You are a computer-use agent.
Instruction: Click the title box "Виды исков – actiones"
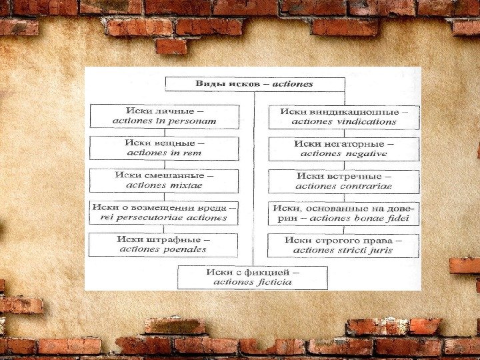[254, 85]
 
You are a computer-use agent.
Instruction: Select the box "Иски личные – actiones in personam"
[164, 116]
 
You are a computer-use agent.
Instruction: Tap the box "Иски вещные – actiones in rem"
[164, 148]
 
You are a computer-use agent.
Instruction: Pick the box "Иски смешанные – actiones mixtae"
[164, 180]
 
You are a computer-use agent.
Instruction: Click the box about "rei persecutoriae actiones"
[164, 213]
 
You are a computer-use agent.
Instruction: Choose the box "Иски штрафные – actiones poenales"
[163, 245]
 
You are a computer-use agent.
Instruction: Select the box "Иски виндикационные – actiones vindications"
[343, 117]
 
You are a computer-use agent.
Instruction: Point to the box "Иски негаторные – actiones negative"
[343, 148]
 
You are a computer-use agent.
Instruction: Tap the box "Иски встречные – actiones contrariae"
[343, 181]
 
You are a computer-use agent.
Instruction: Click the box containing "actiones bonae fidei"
[343, 213]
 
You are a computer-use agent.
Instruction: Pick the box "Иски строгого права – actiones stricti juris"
[343, 245]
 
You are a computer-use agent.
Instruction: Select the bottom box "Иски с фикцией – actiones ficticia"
[253, 277]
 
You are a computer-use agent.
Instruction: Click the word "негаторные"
[360, 143]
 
